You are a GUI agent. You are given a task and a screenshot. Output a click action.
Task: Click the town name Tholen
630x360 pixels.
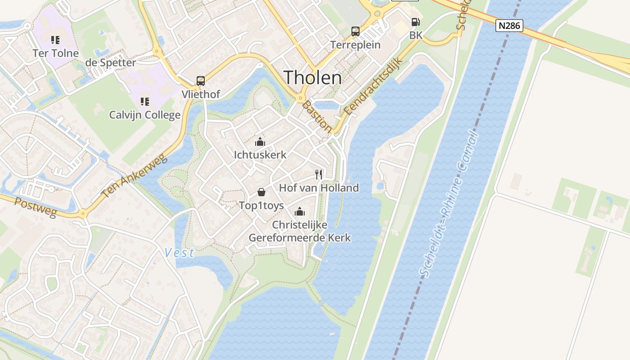pyautogui.click(x=313, y=78)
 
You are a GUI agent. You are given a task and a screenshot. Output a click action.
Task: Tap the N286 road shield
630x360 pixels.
pyautogui.click(x=509, y=26)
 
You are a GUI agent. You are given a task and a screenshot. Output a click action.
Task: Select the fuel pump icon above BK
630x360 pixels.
pyautogui.click(x=415, y=22)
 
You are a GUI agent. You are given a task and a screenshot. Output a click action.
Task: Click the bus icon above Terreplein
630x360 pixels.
pyautogui.click(x=355, y=31)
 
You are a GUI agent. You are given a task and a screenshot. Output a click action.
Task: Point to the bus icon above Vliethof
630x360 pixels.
pyautogui.click(x=201, y=81)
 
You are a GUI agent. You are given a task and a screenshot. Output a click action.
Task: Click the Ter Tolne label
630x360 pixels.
pyautogui.click(x=55, y=53)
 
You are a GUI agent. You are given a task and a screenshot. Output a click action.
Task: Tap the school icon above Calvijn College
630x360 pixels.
pyautogui.click(x=144, y=102)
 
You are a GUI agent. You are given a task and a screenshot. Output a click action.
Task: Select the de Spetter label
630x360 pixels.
pyautogui.click(x=110, y=63)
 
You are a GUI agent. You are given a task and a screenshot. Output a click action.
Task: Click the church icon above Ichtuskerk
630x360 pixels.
pyautogui.click(x=260, y=142)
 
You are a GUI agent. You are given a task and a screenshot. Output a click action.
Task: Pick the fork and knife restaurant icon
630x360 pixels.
pyautogui.click(x=319, y=175)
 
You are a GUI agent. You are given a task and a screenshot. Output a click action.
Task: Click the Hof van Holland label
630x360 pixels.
pyautogui.click(x=319, y=188)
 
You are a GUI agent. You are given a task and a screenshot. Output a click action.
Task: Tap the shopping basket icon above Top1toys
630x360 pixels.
pyautogui.click(x=261, y=193)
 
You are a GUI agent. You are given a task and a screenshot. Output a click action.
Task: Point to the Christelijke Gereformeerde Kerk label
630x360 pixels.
pyautogui.click(x=300, y=231)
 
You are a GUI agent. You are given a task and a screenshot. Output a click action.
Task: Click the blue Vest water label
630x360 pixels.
pyautogui.click(x=179, y=252)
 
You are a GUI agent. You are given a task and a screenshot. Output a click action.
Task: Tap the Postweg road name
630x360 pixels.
pyautogui.click(x=36, y=207)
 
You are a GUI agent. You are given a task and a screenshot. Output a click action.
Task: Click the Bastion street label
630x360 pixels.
pyautogui.click(x=317, y=117)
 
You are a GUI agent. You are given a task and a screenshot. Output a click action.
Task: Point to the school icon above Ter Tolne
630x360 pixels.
pyautogui.click(x=55, y=40)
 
